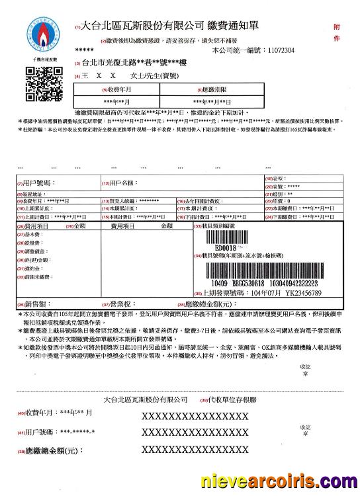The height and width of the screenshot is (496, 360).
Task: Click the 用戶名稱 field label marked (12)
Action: click(x=119, y=182)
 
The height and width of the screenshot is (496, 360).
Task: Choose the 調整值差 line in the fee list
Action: click(x=34, y=252)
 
